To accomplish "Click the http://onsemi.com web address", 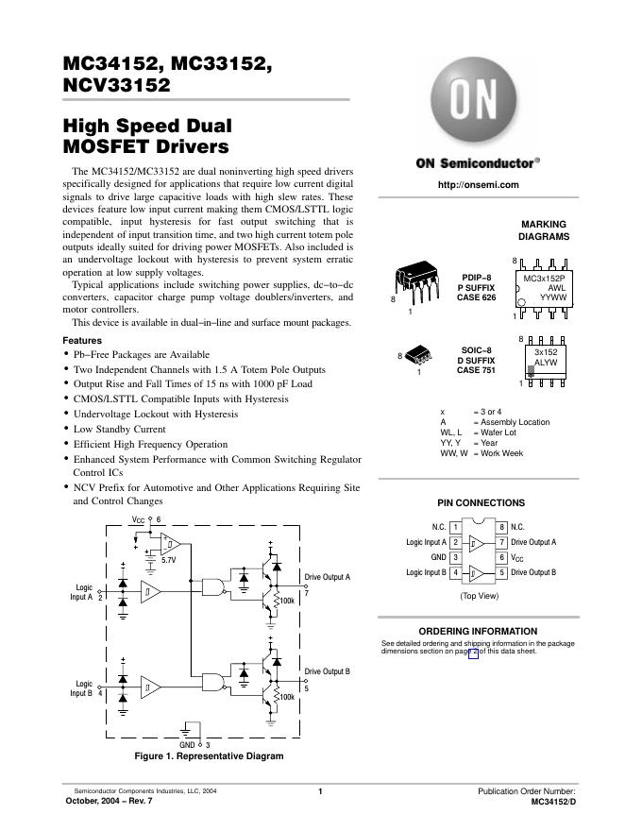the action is pos(479,184).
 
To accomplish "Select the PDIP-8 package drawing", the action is pos(414,280).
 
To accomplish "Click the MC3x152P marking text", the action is pos(544,280).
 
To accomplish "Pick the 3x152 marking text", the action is pos(546,352).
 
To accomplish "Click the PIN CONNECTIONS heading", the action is pos(481,503).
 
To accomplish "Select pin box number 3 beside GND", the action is pos(456,557).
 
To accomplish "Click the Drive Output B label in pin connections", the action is pos(533,572).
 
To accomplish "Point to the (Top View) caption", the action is pos(480,596).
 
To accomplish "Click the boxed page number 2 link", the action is pos(474,651).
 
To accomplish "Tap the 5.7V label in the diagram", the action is pos(169,560).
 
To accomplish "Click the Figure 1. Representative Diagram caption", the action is pos(209,755).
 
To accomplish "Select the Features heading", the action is pos(82,340).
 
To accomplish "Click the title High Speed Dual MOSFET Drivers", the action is pos(146,136).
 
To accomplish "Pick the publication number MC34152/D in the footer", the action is pos(553,801).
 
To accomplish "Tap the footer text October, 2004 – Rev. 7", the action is pos(107,801).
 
